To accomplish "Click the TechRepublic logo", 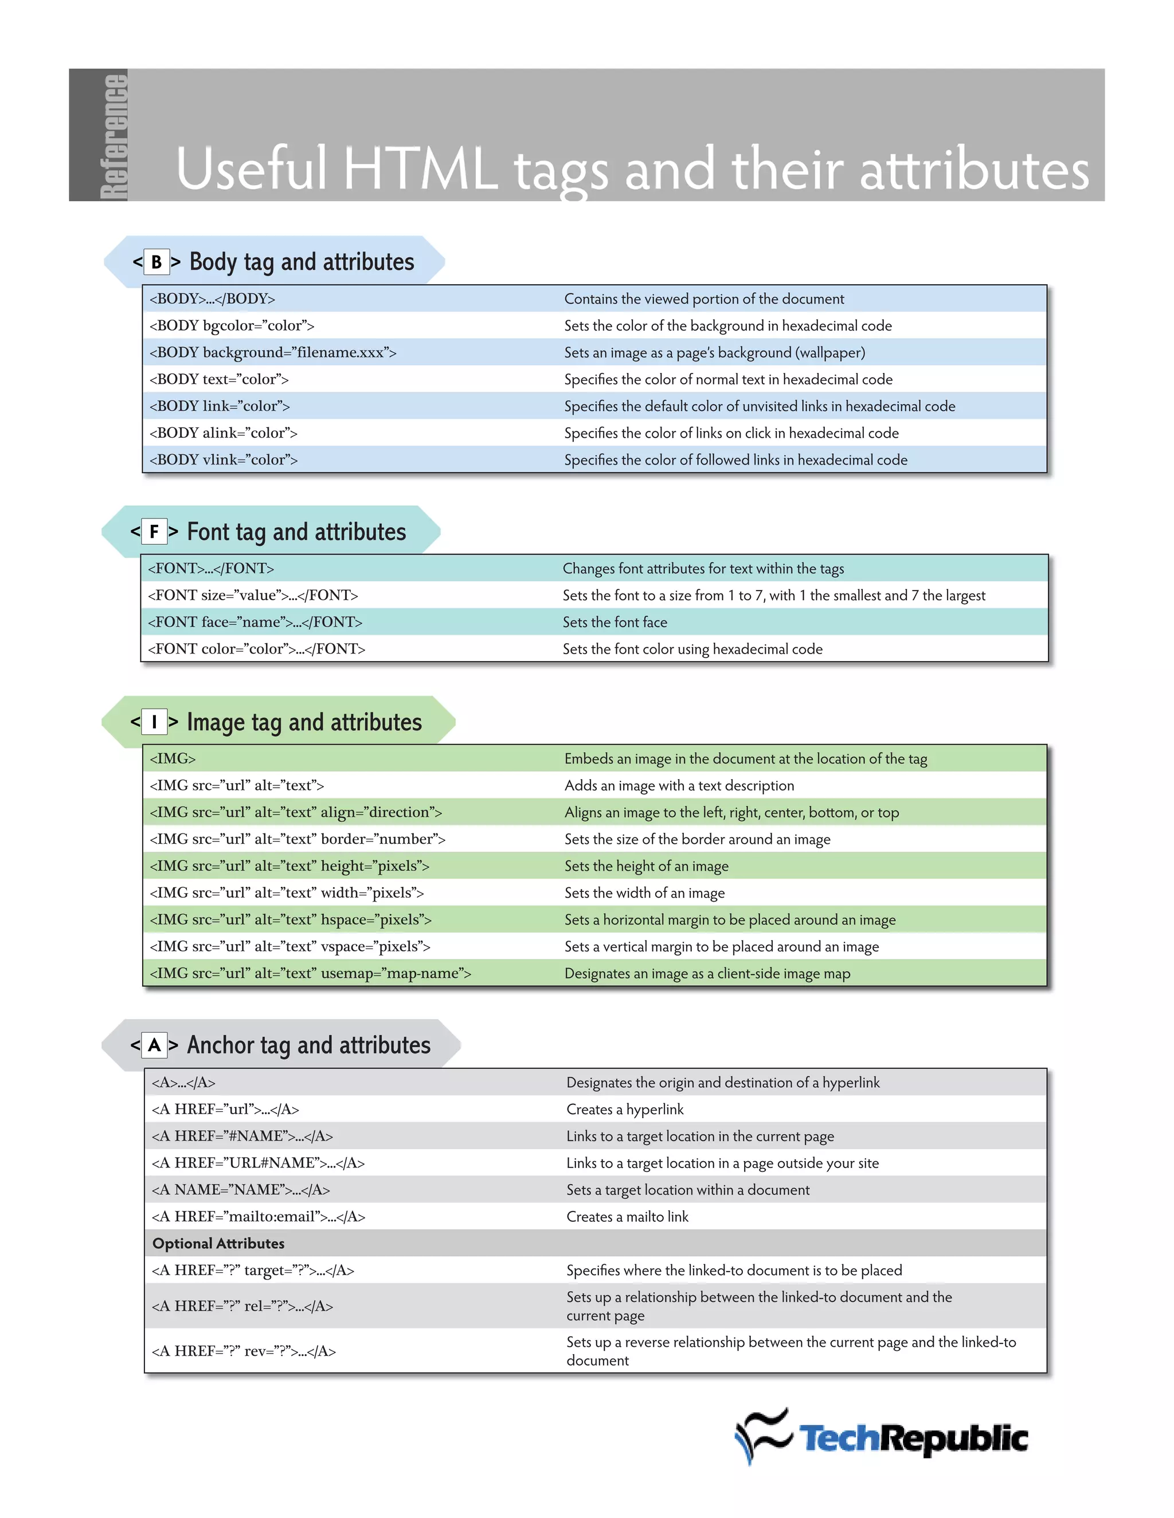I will point(881,1437).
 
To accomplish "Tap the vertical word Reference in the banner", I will point(114,136).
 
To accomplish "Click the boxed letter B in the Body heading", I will point(156,262).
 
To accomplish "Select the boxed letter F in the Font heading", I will point(154,532).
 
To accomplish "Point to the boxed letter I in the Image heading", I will point(154,722).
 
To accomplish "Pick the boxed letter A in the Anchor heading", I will point(154,1045).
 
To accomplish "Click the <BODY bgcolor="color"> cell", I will point(232,325).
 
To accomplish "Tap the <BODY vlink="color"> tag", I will point(223,459).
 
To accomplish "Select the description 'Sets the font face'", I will point(615,622).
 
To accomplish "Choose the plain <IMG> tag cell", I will point(173,758).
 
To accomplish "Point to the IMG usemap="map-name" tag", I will point(310,973).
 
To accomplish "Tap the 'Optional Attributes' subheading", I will point(218,1244).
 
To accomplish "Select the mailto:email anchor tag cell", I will point(258,1216).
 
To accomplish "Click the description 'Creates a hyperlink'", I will point(625,1110).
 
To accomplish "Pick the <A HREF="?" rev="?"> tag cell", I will point(244,1351).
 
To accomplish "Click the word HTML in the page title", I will point(420,169).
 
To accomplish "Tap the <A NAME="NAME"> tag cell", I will point(241,1189).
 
